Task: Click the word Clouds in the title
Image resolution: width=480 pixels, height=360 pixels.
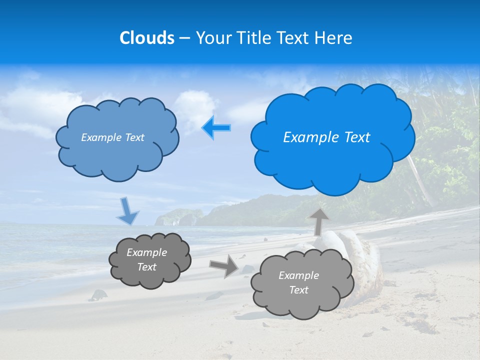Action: click(x=147, y=38)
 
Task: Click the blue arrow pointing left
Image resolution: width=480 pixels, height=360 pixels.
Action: click(x=216, y=128)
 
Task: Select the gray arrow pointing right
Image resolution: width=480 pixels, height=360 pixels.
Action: click(x=224, y=265)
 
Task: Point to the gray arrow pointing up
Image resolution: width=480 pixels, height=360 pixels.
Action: click(x=318, y=221)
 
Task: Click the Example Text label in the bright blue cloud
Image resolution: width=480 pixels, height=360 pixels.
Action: click(x=326, y=137)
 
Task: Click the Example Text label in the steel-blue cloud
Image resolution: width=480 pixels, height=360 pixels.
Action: click(x=112, y=137)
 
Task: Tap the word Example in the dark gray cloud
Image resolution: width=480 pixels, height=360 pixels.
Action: click(x=146, y=252)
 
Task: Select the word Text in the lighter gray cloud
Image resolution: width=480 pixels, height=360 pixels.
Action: click(x=298, y=290)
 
